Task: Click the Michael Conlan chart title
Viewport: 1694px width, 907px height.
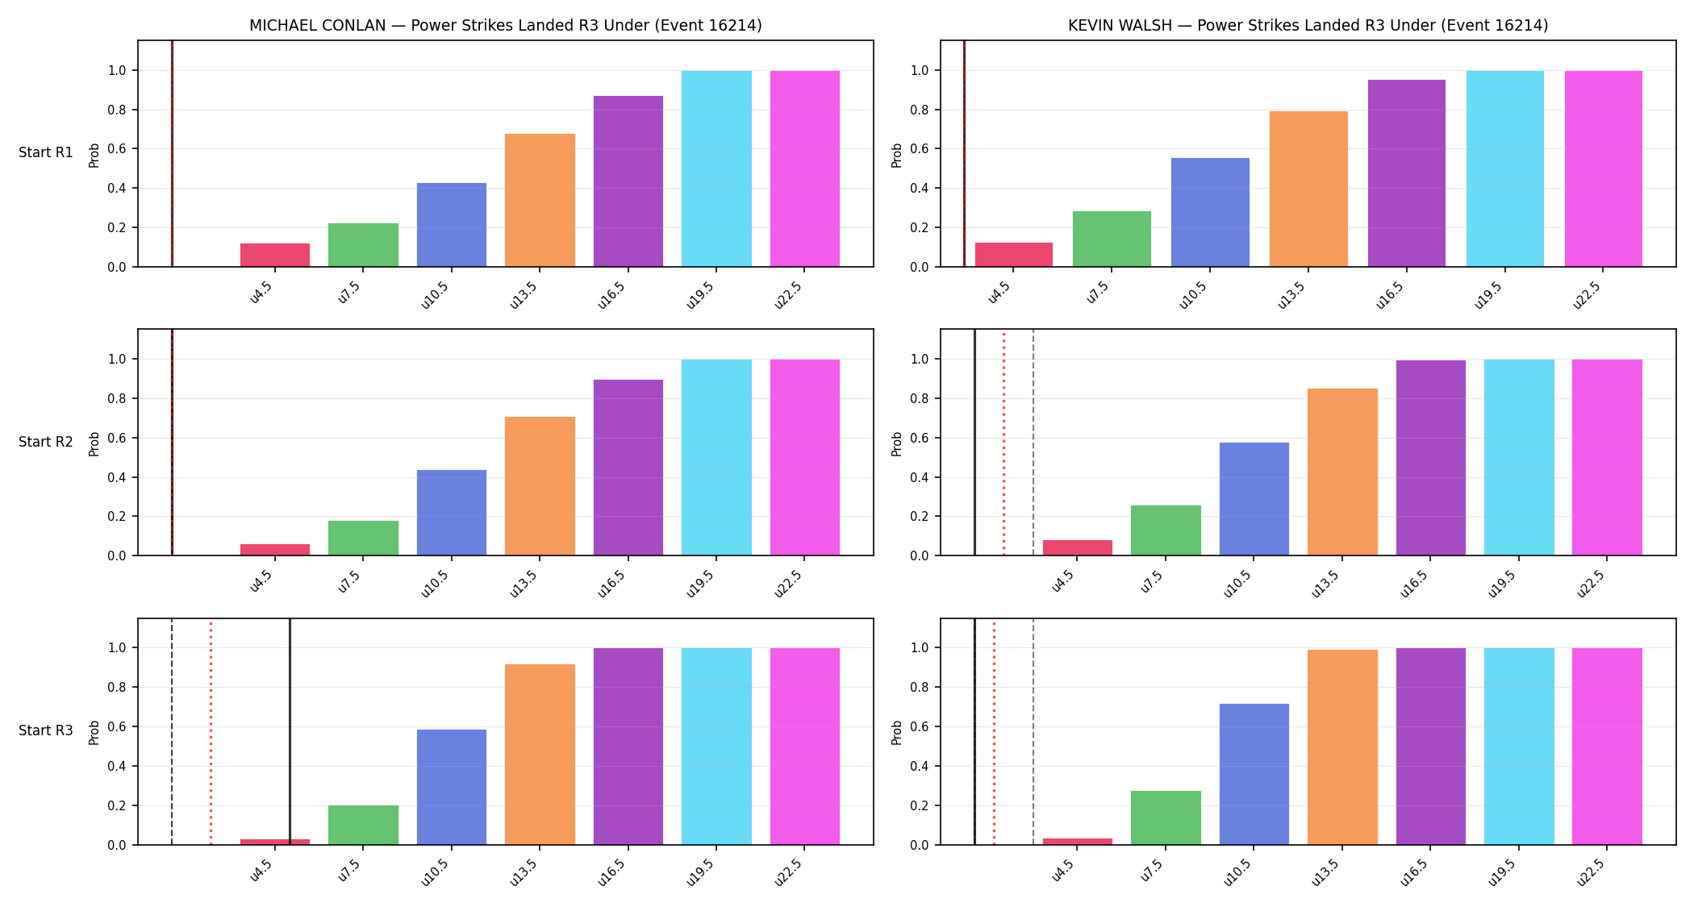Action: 505,25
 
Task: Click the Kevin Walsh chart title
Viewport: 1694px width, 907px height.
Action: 1308,25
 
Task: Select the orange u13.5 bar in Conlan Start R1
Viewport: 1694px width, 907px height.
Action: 540,200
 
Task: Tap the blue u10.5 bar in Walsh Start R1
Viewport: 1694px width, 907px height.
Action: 1210,212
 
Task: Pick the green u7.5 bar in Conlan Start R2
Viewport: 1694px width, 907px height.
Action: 363,538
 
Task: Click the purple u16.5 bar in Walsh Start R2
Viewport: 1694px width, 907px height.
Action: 1430,458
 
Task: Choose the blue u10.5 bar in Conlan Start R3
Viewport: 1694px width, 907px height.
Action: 452,787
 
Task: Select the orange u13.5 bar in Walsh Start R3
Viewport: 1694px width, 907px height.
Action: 1342,747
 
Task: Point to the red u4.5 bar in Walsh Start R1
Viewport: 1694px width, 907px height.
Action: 1014,255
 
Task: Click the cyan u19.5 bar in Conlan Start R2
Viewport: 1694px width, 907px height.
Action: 716,457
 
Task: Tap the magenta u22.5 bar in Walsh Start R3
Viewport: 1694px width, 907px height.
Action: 1607,747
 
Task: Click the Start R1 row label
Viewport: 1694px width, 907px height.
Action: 46,152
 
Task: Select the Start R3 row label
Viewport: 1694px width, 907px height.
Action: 46,730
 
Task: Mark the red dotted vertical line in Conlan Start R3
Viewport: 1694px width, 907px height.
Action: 211,732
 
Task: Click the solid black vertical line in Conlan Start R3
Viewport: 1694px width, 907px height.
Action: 290,732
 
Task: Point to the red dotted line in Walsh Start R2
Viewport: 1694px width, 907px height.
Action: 1003,443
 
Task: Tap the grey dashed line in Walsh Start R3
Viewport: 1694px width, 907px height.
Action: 1033,732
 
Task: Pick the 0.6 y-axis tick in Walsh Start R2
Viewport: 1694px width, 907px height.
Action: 920,438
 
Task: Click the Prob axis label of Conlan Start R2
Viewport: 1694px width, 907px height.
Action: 94,443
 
